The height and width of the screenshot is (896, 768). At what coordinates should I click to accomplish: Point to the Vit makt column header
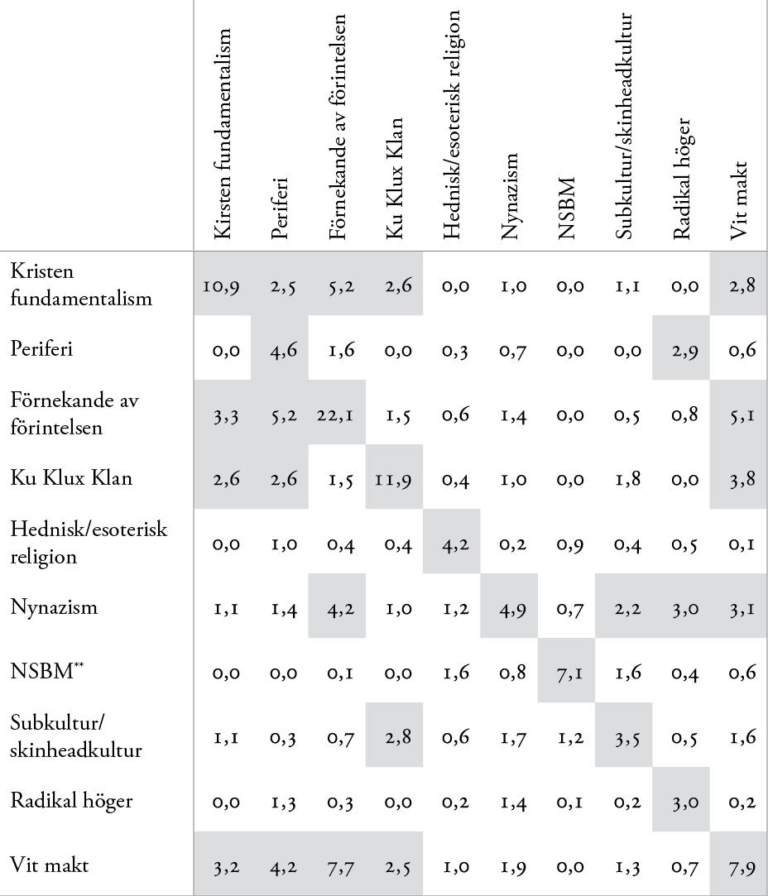point(739,199)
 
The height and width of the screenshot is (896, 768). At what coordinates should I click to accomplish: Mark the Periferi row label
point(42,353)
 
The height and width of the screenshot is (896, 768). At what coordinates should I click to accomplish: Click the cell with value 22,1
point(337,414)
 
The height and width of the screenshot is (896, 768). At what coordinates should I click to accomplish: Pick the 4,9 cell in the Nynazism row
point(508,607)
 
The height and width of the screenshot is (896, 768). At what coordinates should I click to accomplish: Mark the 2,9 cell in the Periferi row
point(681,353)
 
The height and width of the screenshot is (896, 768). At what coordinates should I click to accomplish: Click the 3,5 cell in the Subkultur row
point(623,736)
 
